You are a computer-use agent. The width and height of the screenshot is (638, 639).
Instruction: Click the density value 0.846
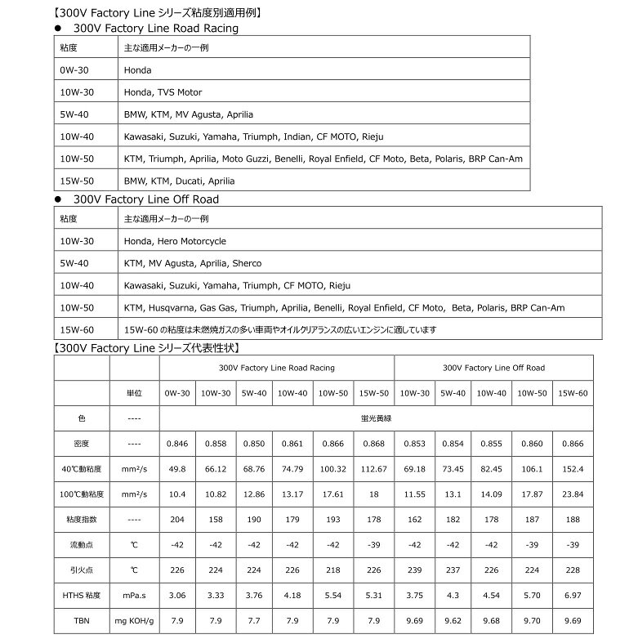(x=177, y=443)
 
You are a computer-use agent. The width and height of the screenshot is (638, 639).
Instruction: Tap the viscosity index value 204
(x=177, y=519)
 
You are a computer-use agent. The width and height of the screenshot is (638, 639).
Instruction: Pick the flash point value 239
(x=416, y=570)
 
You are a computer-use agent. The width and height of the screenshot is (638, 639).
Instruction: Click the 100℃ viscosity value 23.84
(x=573, y=494)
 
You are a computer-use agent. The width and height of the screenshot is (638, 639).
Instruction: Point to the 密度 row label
(x=81, y=443)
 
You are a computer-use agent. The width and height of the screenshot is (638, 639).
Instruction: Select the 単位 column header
(x=134, y=392)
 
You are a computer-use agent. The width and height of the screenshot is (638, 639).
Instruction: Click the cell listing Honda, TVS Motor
(x=163, y=92)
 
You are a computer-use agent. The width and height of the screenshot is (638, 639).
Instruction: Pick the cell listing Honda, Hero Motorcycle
(x=175, y=241)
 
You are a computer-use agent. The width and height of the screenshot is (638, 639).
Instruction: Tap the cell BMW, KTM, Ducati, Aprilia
(x=179, y=181)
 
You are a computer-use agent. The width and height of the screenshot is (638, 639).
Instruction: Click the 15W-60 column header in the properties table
(x=573, y=392)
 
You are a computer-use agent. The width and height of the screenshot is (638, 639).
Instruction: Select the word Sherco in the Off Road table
(x=247, y=263)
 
